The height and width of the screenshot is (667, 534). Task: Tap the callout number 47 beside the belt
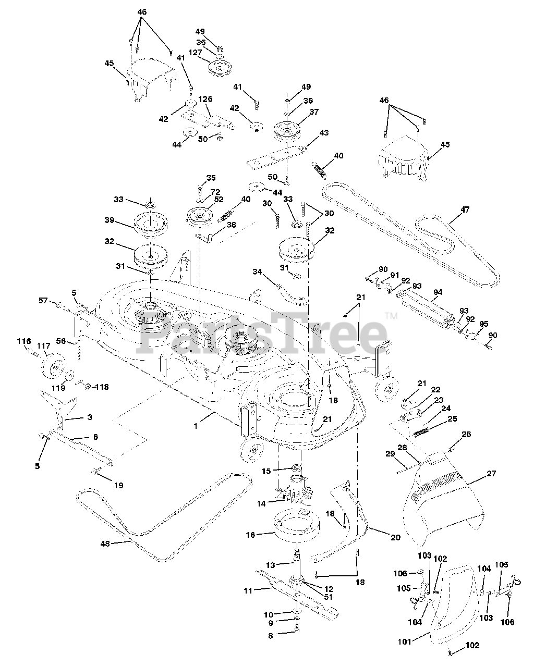tap(465, 210)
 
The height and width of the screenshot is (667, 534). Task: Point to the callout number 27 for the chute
tap(491, 474)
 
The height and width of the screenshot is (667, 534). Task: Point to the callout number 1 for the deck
tap(196, 426)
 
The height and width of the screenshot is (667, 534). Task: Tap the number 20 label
tap(396, 537)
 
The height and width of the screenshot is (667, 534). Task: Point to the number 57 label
tap(43, 300)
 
